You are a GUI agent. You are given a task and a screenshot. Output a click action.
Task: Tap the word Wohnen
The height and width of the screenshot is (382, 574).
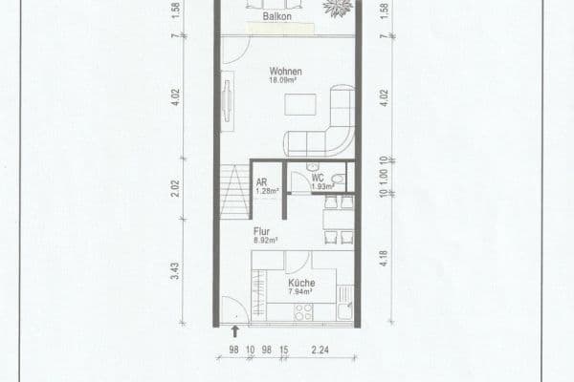coord(286,72)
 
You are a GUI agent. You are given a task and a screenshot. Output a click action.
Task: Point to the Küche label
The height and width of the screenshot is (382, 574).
coord(302,282)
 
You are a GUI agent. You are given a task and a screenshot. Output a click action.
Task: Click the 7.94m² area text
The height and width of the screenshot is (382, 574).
coord(302,291)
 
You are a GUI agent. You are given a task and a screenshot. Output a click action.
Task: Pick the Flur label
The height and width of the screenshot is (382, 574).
coord(262,231)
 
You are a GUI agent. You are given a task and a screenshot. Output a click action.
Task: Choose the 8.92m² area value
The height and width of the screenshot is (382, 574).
coord(264,241)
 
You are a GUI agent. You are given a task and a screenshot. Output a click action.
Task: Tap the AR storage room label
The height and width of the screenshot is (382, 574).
coord(262,181)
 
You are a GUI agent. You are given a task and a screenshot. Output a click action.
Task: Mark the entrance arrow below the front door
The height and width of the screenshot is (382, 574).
coord(235,332)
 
